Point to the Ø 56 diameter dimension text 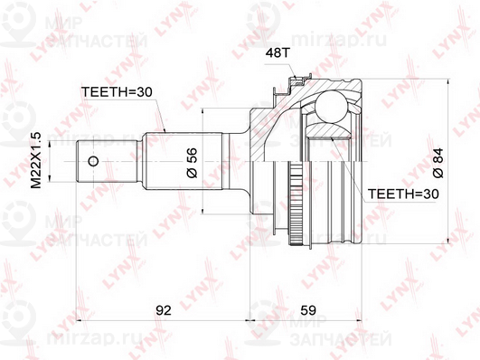[192, 163]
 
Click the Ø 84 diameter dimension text [437, 161]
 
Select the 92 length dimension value [163, 311]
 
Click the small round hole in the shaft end [93, 162]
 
